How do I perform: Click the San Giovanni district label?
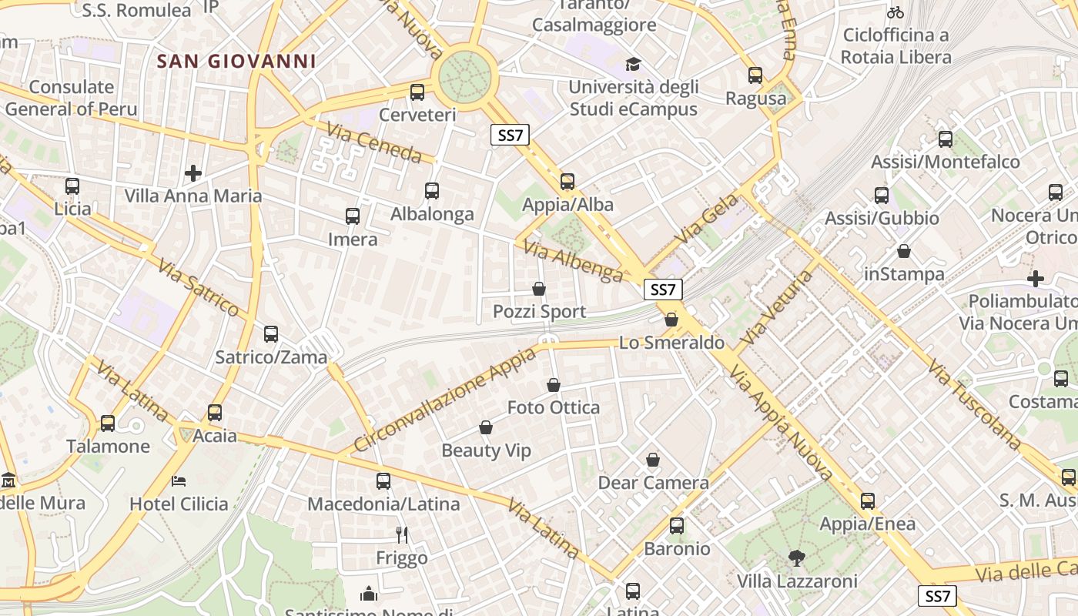236,62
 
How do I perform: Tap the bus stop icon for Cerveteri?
417,92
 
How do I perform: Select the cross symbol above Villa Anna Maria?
193,173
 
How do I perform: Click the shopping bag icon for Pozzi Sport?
539,290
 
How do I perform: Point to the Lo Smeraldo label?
672,343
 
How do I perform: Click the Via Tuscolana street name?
974,403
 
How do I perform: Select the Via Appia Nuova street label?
781,423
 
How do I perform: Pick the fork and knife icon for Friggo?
401,534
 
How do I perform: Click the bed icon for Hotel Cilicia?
179,481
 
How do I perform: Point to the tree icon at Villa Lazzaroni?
796,557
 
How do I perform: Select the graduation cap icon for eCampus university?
633,64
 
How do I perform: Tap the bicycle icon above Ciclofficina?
895,12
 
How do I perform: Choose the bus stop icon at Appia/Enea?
868,501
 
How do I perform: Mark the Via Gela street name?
706,219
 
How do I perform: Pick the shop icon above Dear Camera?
653,460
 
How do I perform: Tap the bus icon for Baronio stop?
677,526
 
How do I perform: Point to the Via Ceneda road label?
373,143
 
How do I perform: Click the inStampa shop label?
904,274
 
